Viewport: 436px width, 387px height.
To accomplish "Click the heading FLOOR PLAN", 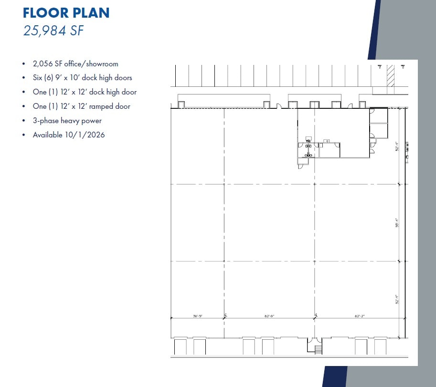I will (66, 13).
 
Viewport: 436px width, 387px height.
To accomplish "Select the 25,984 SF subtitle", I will (53, 31).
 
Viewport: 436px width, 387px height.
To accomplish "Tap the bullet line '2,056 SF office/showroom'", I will (75, 63).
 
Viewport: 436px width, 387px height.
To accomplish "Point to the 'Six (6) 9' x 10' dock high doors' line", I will (82, 78).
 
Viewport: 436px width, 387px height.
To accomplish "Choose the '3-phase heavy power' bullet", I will (67, 121).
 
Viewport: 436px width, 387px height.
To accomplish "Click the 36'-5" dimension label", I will (198, 316).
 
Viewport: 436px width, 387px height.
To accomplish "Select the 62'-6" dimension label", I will (269, 316).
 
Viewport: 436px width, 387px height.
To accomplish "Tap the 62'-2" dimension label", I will (359, 316).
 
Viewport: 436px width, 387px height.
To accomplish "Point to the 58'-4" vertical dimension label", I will (397, 222).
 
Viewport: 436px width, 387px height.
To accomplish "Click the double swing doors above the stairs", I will (314, 340).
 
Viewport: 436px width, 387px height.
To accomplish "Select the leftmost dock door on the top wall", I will (181, 105).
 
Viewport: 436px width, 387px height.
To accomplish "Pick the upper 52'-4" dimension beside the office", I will (397, 146).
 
